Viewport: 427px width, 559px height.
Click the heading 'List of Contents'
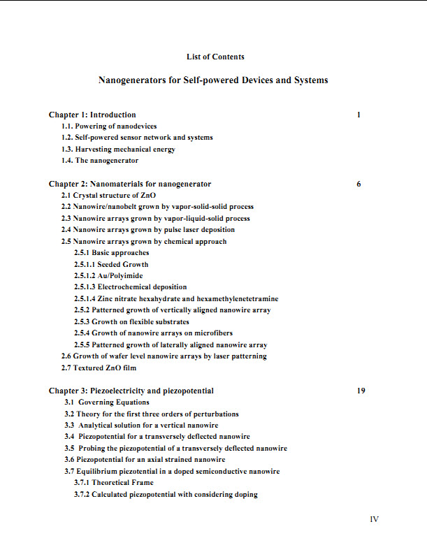click(215, 57)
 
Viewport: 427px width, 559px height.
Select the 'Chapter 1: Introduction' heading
click(92, 115)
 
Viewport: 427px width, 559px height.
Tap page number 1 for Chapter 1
click(359, 115)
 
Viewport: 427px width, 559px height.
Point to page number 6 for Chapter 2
click(359, 184)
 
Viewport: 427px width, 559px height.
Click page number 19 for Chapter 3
click(361, 391)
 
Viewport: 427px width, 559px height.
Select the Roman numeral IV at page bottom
click(374, 519)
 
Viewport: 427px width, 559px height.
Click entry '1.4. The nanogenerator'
click(100, 161)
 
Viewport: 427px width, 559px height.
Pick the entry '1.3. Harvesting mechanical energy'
click(118, 149)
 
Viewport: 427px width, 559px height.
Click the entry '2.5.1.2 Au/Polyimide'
click(108, 276)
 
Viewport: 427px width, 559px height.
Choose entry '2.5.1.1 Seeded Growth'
click(111, 264)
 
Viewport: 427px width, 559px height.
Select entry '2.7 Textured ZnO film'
click(99, 368)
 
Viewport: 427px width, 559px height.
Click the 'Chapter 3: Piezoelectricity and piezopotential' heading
click(131, 391)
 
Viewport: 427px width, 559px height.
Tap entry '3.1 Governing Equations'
click(107, 402)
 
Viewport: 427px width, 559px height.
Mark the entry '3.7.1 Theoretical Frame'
click(113, 483)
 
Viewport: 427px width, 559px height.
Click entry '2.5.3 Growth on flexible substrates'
click(131, 321)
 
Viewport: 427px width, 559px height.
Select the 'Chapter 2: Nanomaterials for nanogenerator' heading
click(130, 184)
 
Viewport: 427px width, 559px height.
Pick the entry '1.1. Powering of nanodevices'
click(109, 126)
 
